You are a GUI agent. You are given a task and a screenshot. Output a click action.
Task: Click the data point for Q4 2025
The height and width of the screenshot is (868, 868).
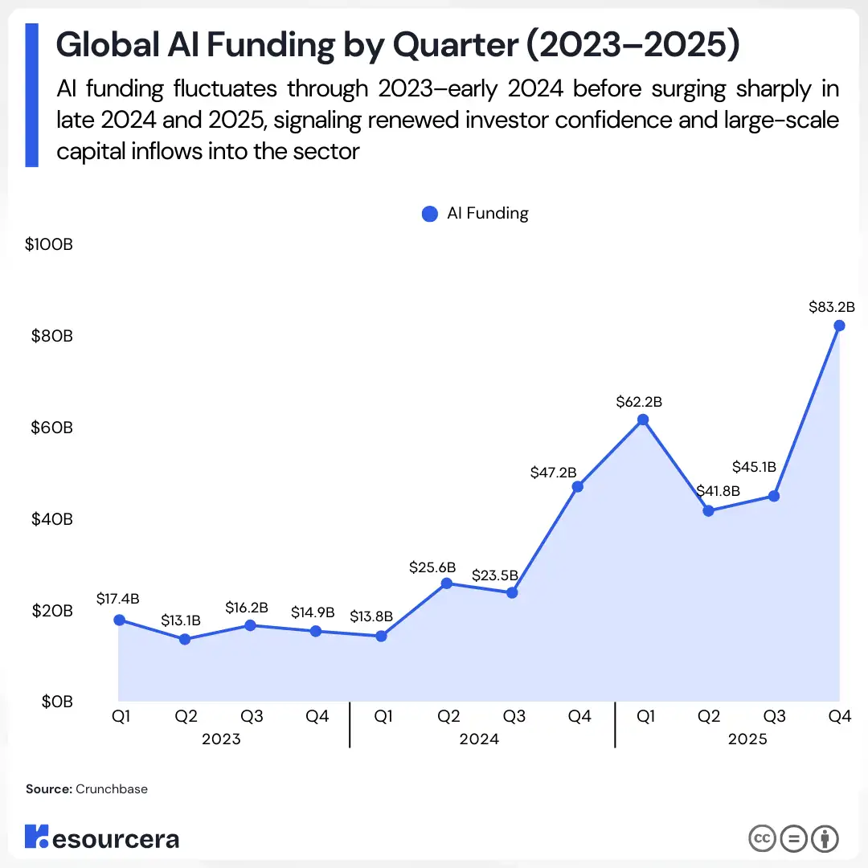[x=839, y=325]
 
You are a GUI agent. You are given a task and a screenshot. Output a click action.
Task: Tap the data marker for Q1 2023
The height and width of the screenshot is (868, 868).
[x=119, y=620]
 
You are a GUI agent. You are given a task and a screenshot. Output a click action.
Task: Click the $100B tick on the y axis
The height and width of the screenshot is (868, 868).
[x=48, y=244]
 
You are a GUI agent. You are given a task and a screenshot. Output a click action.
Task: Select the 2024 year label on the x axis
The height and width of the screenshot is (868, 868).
[x=479, y=739]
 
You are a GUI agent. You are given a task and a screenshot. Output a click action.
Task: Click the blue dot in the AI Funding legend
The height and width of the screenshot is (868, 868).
[x=430, y=214]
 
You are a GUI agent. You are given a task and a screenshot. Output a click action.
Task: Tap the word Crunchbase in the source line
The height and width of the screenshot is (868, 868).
[x=112, y=789]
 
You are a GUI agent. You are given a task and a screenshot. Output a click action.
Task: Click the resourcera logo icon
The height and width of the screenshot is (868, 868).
[x=37, y=837]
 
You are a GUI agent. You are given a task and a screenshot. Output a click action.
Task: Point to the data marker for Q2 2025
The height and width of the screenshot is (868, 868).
[x=708, y=510]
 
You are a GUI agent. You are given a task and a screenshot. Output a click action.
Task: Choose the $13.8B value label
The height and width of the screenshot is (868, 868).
[x=371, y=616]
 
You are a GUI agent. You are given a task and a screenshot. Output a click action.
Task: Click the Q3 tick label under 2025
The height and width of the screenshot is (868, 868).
[x=774, y=717]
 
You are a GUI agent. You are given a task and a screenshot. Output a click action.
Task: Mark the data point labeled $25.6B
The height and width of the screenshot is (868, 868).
[x=447, y=583]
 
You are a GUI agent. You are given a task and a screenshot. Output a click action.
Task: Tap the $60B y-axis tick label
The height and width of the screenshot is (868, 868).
[x=51, y=428]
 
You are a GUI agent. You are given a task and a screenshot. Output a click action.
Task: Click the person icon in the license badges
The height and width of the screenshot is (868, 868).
[x=825, y=838]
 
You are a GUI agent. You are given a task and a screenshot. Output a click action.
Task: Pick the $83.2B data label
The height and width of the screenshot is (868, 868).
[x=831, y=306]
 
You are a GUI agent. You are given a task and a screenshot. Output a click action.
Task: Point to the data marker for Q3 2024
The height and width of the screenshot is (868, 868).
[x=512, y=593]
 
